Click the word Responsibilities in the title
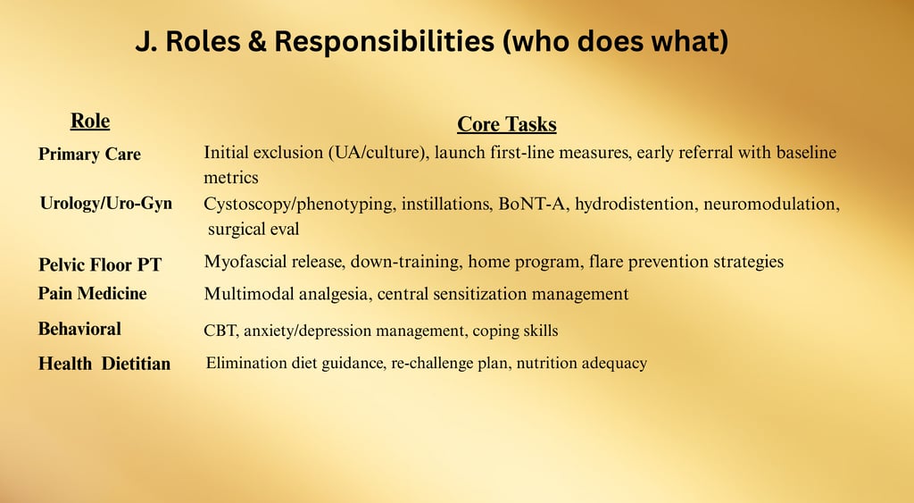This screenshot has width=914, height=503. pos(384,42)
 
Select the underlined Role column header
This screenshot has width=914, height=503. pos(90,121)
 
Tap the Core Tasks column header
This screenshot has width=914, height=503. pos(507,123)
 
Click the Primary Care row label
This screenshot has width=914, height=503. pos(89,154)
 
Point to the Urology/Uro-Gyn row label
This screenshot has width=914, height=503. pos(106,203)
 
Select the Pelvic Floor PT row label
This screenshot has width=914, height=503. pos(100,264)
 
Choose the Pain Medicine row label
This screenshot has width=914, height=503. pos(92,293)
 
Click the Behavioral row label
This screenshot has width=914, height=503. pos(79,329)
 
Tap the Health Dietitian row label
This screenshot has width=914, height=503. pos(104,363)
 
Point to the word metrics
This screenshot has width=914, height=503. pos(231,178)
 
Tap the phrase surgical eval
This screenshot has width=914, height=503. pos(253,229)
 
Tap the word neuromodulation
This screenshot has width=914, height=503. pos(771,205)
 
